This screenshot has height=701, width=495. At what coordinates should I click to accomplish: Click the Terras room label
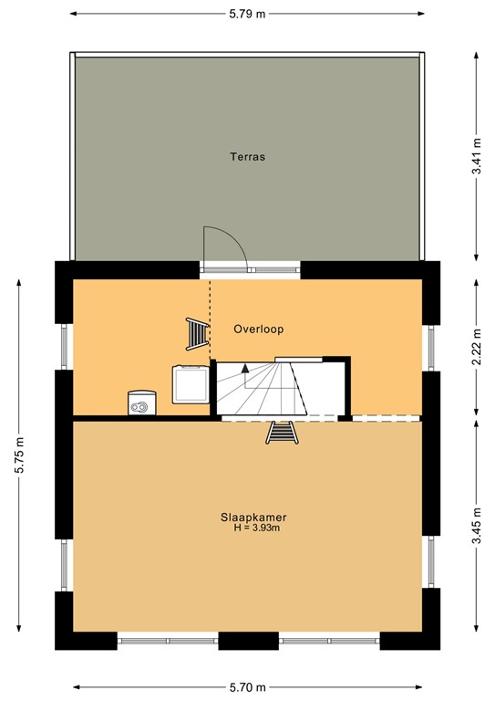247,157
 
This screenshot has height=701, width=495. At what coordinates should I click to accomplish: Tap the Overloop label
258,330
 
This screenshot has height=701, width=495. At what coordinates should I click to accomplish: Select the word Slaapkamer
253,518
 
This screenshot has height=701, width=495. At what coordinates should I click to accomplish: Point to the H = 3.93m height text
257,528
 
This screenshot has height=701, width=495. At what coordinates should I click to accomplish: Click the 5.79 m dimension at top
247,14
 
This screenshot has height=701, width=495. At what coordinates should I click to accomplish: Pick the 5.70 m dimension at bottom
247,687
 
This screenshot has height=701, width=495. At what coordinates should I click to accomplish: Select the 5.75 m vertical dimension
19,455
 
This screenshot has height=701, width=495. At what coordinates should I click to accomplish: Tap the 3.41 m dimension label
477,156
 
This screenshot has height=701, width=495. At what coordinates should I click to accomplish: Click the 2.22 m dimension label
477,347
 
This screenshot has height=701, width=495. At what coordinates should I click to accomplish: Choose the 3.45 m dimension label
477,526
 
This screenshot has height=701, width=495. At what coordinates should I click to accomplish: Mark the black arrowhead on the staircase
245,369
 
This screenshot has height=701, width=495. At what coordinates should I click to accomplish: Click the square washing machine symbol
191,384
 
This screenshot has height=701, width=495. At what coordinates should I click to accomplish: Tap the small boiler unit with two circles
142,403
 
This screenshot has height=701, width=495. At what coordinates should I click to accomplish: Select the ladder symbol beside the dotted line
197,334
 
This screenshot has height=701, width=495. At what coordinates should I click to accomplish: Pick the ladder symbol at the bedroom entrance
282,433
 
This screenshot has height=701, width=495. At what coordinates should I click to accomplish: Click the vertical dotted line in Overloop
210,319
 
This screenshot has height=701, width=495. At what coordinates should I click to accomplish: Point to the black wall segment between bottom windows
248,641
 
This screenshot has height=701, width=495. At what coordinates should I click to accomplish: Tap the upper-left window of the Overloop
65,347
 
